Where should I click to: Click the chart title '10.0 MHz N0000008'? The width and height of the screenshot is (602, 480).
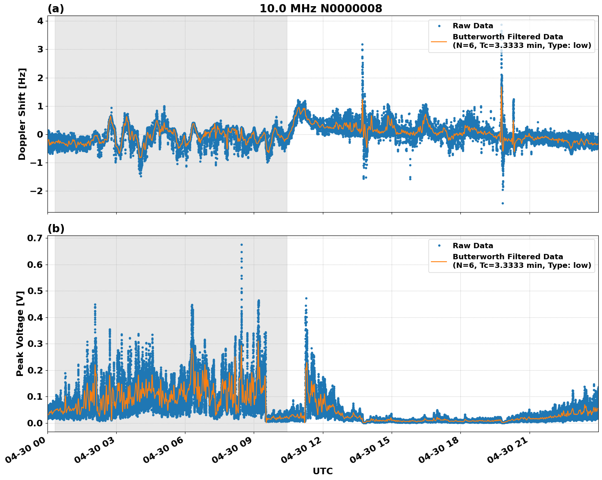(321, 9)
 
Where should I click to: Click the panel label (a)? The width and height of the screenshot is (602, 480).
(56, 9)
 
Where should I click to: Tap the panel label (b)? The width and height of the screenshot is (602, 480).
(56, 229)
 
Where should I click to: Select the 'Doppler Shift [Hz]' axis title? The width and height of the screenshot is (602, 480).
(22, 114)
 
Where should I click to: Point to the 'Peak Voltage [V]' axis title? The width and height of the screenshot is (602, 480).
(20, 333)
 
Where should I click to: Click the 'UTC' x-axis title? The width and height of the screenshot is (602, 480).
(322, 471)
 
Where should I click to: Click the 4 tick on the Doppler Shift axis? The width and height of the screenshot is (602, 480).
(40, 21)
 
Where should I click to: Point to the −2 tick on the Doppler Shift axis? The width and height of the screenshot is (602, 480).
(37, 191)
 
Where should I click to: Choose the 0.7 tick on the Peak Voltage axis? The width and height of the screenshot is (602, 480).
(36, 238)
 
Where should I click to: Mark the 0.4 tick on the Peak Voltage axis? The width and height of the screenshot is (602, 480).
(36, 317)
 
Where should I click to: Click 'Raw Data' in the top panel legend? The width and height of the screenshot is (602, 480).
(473, 26)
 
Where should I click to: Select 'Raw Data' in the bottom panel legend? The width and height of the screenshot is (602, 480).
(473, 246)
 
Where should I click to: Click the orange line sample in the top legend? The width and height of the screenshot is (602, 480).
(439, 41)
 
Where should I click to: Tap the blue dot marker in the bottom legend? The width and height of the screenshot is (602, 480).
(439, 246)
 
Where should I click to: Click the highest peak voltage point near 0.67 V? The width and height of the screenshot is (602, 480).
(241, 245)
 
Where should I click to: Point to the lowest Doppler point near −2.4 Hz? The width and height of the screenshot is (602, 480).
(503, 203)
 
